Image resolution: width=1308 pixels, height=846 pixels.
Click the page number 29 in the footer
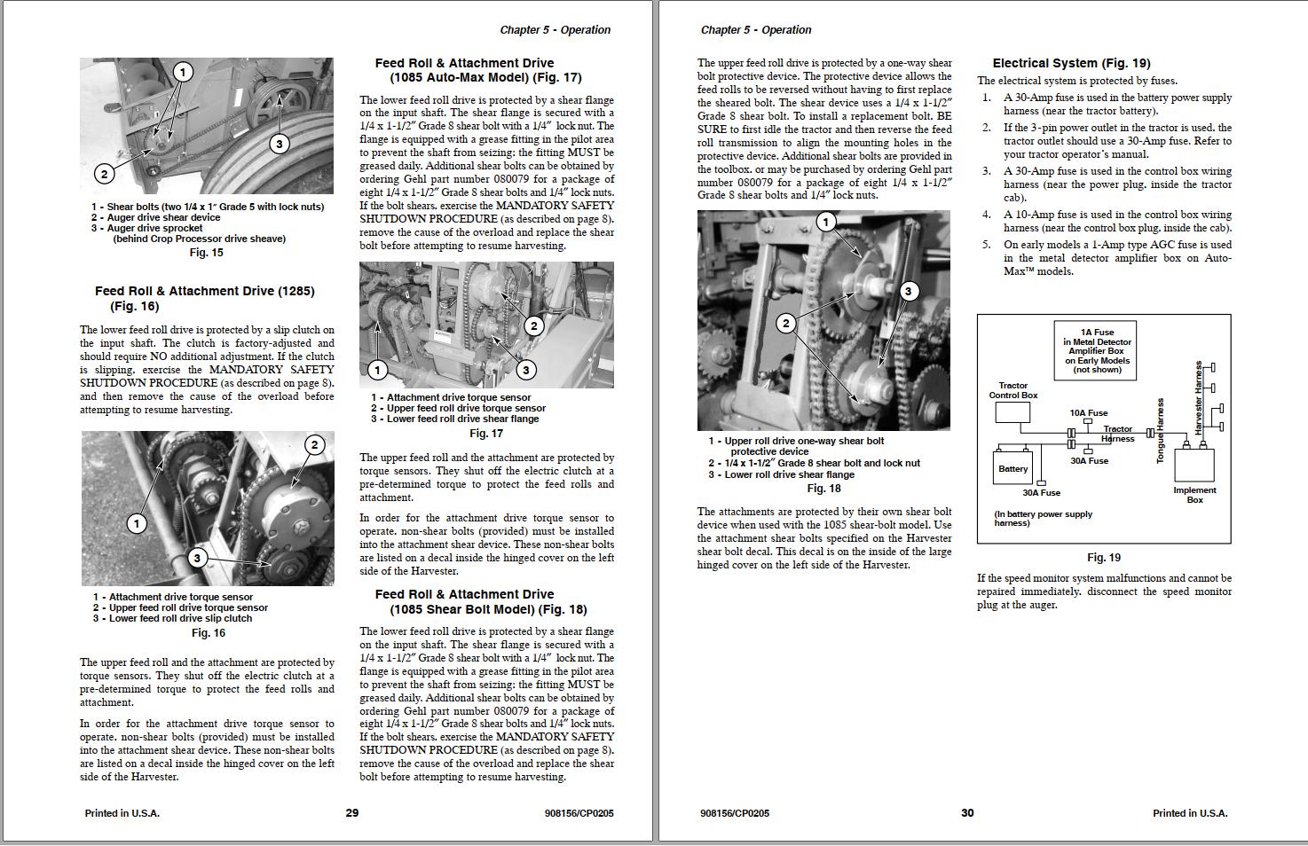(351, 812)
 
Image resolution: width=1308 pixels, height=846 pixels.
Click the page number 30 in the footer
(967, 812)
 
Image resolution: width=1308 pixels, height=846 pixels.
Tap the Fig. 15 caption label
(206, 253)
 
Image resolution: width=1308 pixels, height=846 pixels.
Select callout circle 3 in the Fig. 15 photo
(280, 144)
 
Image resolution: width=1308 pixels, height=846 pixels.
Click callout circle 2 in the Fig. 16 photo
(314, 444)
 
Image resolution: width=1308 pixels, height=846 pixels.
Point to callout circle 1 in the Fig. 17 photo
(378, 370)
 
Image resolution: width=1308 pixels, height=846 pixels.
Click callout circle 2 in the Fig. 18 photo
(785, 324)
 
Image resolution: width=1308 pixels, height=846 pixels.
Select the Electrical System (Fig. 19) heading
(1071, 63)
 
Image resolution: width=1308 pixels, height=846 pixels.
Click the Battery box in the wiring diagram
(1013, 468)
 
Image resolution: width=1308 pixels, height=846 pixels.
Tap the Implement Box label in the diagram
(1194, 495)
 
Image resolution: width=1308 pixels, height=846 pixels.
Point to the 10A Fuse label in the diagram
(1089, 412)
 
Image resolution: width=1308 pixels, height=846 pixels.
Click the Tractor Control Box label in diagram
(1013, 390)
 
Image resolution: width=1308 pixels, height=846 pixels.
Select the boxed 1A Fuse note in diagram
(1098, 351)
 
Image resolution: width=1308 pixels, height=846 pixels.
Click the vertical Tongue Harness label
(1160, 430)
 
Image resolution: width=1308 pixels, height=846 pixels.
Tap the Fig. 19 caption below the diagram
(1103, 558)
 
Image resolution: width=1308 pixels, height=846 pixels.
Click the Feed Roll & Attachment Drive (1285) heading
(204, 298)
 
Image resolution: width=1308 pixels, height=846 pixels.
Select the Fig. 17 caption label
(485, 434)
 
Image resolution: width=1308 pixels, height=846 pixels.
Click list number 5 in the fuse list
(987, 245)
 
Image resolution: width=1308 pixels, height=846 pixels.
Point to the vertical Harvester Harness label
(1199, 397)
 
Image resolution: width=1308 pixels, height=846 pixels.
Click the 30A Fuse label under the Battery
(1041, 493)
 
